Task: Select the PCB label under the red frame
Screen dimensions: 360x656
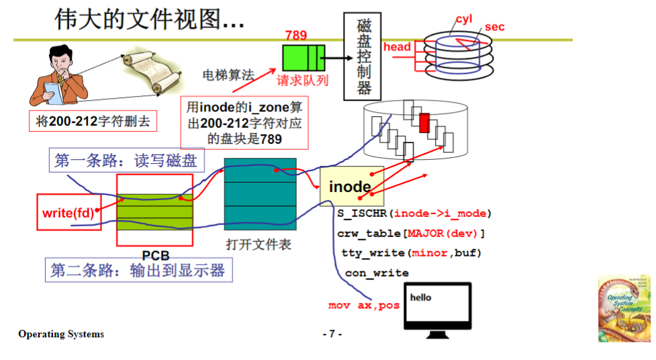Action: click(155, 255)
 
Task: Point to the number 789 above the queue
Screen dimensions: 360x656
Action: click(296, 35)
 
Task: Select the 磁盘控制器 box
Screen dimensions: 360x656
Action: click(364, 56)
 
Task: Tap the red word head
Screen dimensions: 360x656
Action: click(397, 47)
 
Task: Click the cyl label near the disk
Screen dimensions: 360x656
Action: click(464, 19)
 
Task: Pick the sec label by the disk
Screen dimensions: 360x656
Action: click(494, 27)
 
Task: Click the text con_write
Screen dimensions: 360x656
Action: click(377, 273)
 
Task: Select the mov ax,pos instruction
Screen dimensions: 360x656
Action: click(364, 306)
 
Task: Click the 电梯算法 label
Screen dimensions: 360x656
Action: click(228, 75)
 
